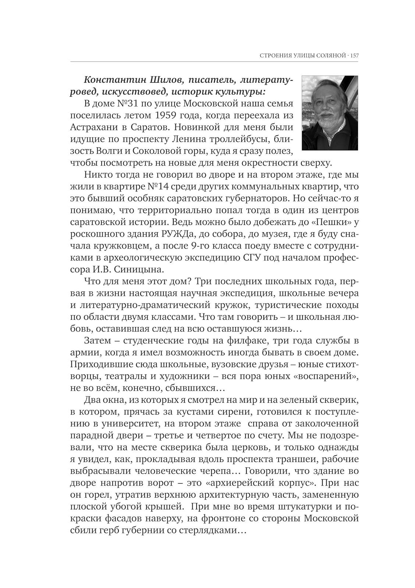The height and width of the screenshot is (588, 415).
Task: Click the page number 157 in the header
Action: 354,56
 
